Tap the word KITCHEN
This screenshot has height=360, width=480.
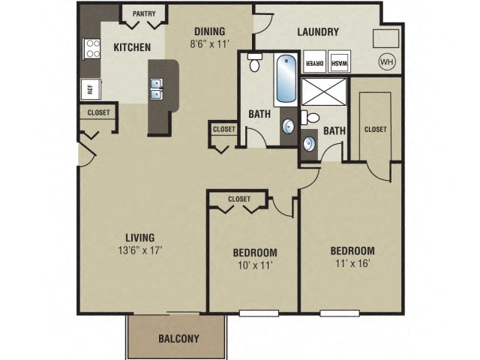pos(132,47)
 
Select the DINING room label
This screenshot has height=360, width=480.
pos(210,31)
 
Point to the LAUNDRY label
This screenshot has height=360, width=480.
pos(318,32)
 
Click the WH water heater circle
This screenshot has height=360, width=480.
pos(386,61)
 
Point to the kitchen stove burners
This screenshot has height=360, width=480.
pos(92,48)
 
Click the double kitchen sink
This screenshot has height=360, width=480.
pos(157,94)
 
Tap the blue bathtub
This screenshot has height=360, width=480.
pos(286,79)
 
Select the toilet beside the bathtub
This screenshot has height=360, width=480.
pos(254,63)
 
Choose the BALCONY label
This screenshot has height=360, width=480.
pos(178,338)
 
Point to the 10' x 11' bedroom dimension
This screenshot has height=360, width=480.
pos(255,265)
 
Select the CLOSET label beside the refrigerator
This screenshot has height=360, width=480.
pos(98,112)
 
